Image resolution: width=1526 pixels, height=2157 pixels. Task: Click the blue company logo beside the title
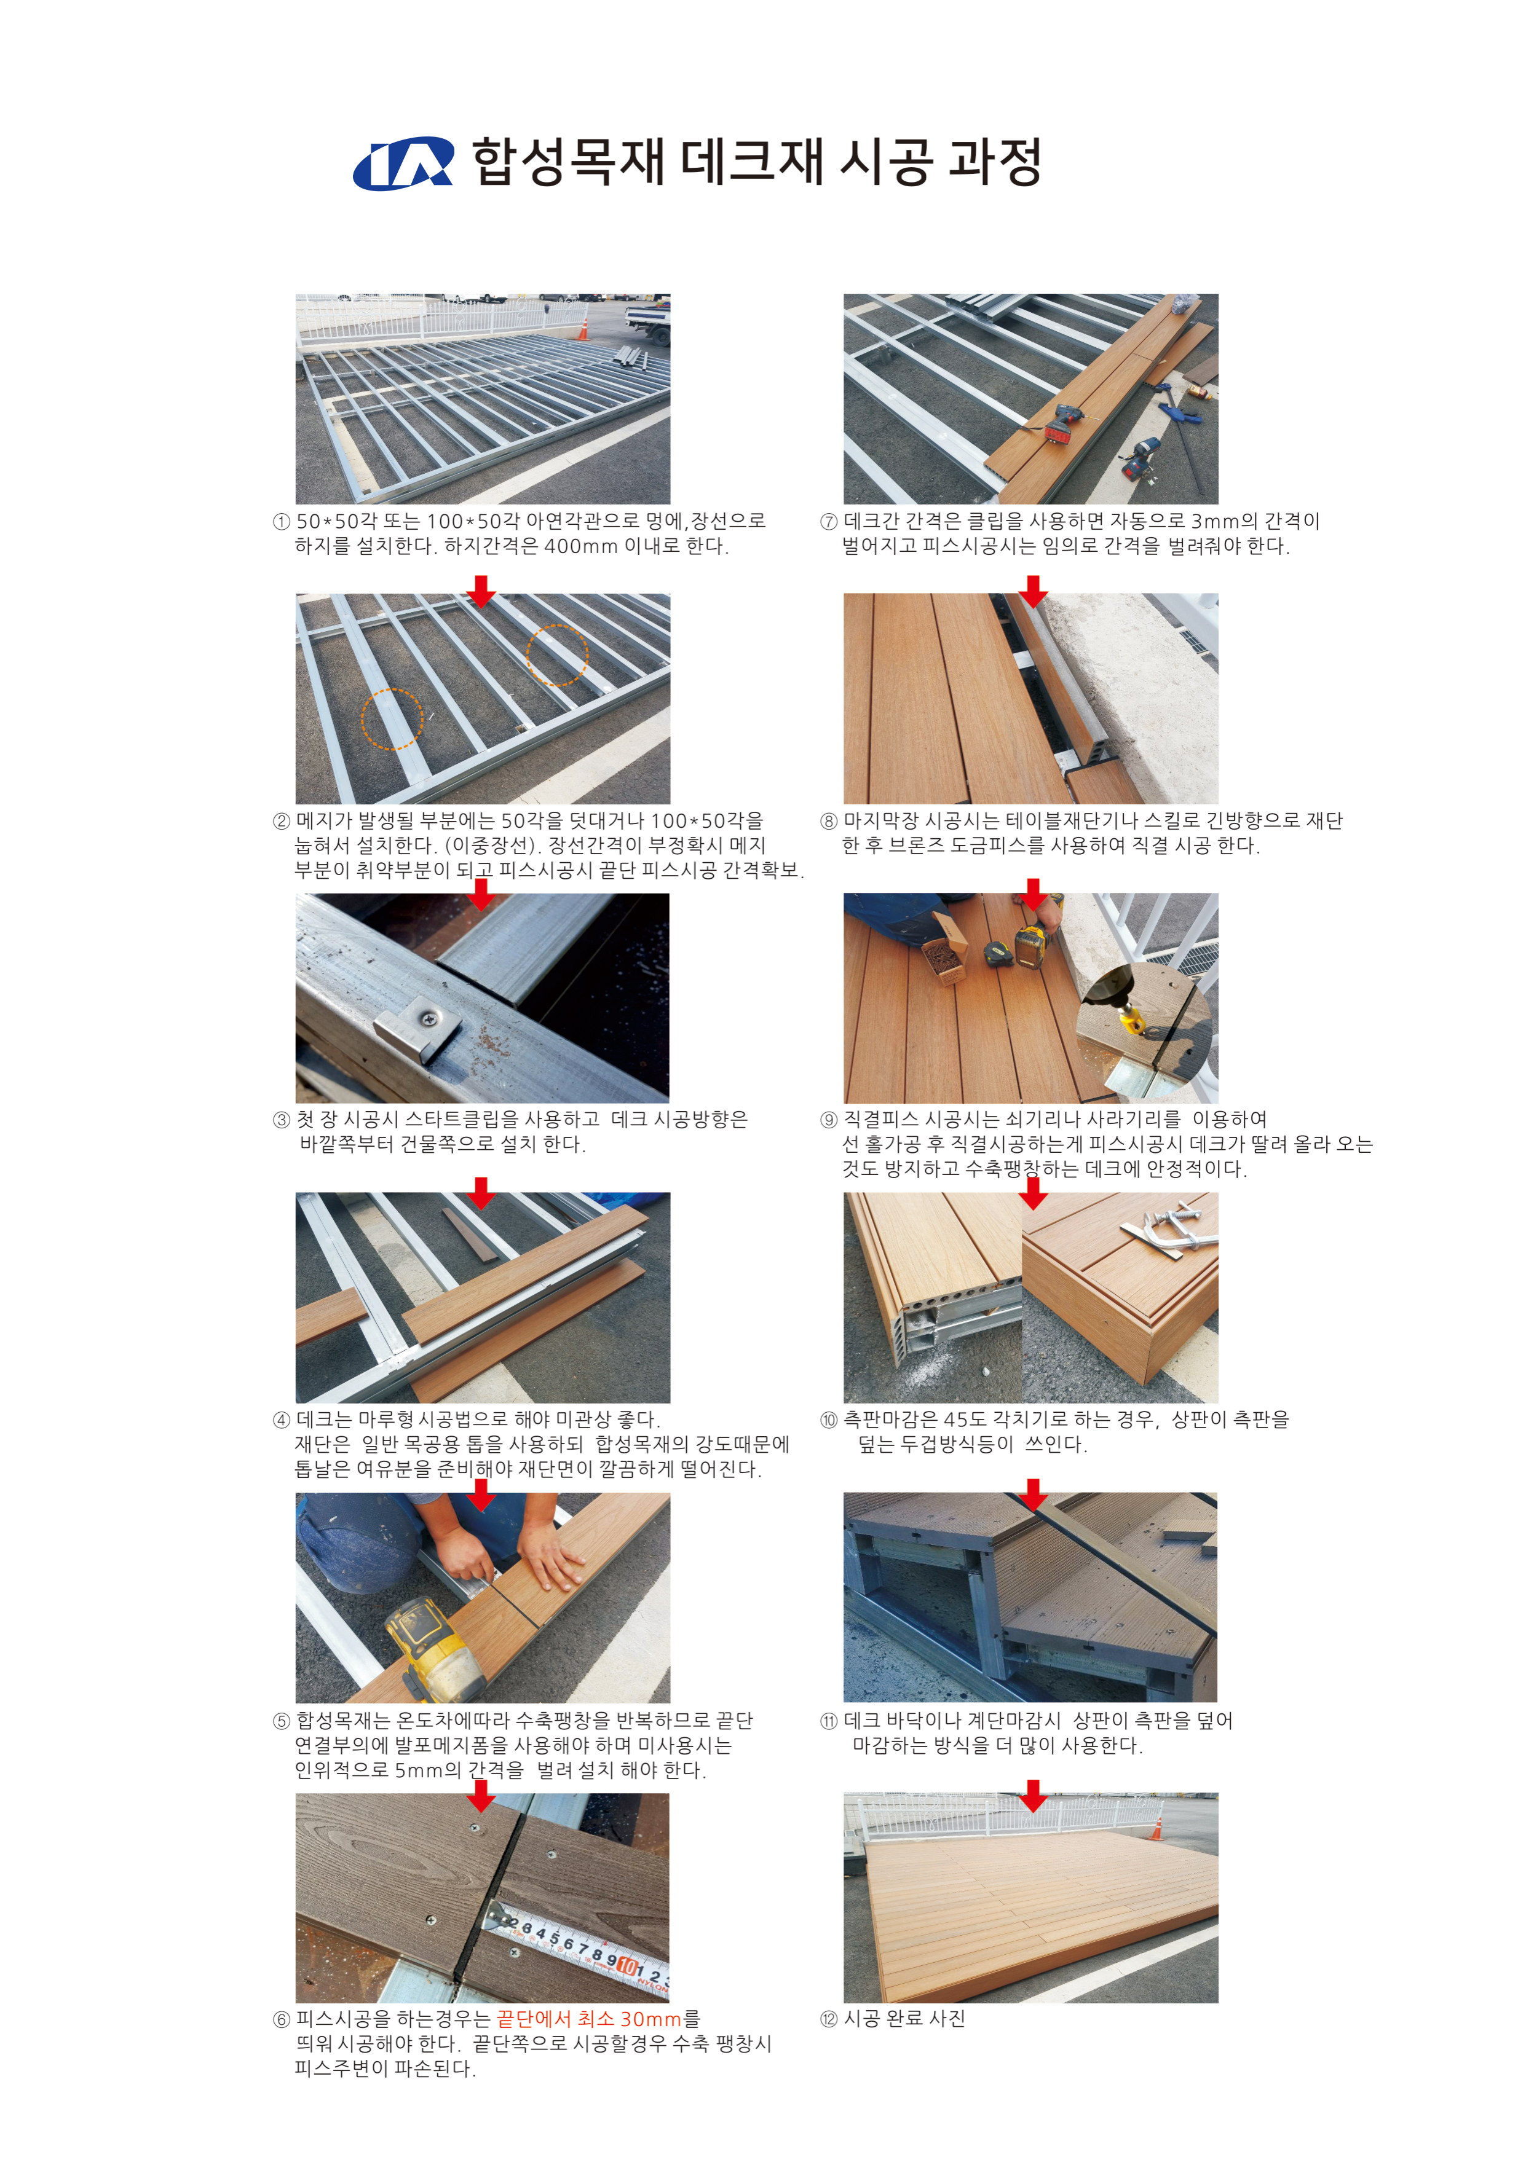(x=403, y=165)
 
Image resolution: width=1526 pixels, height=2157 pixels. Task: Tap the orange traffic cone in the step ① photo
(x=583, y=329)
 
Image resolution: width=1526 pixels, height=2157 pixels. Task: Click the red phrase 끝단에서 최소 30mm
(x=589, y=2019)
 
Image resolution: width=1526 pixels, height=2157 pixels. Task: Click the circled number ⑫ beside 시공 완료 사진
(x=828, y=2019)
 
